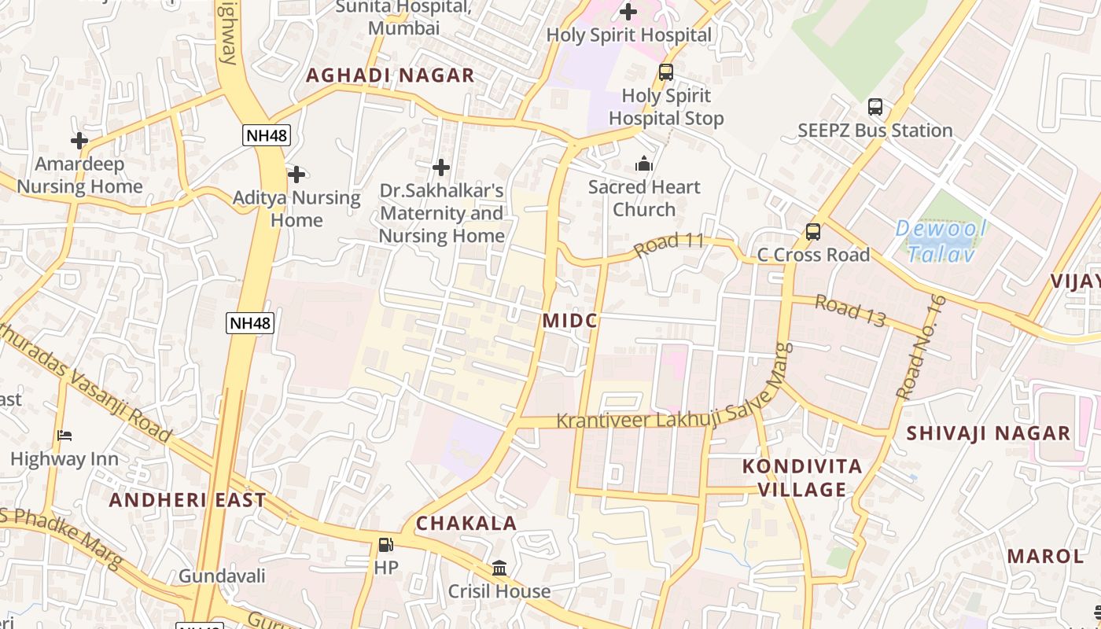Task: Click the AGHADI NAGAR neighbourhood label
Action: (x=390, y=75)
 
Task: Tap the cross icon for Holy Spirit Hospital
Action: (x=628, y=12)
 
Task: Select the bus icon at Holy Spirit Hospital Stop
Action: (x=666, y=72)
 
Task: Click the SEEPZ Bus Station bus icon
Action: (x=875, y=107)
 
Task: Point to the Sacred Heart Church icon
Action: (x=644, y=164)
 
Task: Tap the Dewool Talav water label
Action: (x=941, y=241)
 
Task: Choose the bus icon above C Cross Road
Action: (x=813, y=232)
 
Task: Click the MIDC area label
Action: (x=570, y=321)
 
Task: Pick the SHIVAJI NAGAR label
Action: (x=989, y=433)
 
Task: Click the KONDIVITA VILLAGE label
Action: (x=802, y=478)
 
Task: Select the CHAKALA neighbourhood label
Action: (x=466, y=524)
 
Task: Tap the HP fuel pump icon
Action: (x=385, y=544)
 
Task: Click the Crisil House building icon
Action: (x=499, y=568)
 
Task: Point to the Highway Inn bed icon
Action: (x=64, y=436)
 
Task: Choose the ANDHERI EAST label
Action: (x=187, y=500)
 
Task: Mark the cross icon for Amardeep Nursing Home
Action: (x=79, y=141)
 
